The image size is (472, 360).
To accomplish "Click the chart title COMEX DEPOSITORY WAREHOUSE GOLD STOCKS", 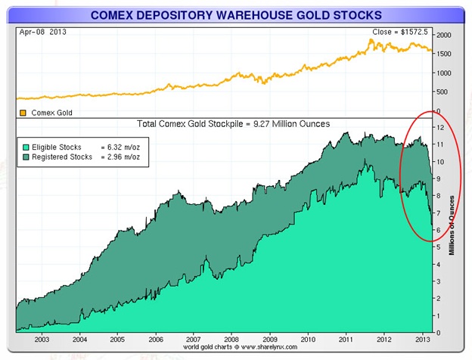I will (235, 14).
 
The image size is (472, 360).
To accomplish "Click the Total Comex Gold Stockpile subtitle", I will (232, 124).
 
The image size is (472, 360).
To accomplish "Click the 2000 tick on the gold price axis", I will (443, 36).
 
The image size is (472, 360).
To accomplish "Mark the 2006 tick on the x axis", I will (155, 340).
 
